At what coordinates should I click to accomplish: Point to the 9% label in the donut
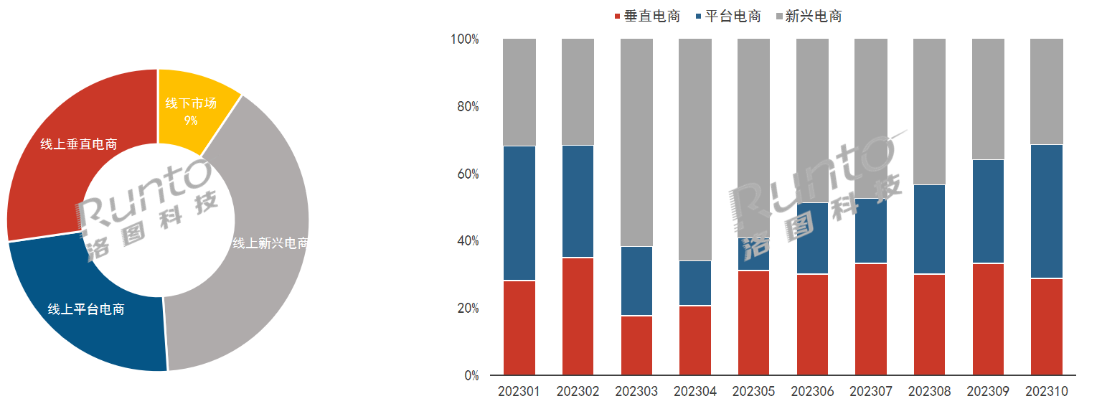pyautogui.click(x=191, y=121)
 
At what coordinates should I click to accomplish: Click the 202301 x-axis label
pyautogui.click(x=519, y=392)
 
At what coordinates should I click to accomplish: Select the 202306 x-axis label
pyautogui.click(x=812, y=392)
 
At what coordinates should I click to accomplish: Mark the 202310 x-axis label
pyautogui.click(x=1047, y=392)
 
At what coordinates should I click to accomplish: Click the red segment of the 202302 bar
pyautogui.click(x=578, y=316)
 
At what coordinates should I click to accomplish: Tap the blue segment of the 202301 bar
pyautogui.click(x=519, y=213)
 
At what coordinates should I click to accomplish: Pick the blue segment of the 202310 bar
pyautogui.click(x=1047, y=211)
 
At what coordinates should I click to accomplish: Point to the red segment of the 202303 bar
pyautogui.click(x=636, y=345)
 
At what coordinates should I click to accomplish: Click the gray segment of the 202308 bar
pyautogui.click(x=929, y=111)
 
